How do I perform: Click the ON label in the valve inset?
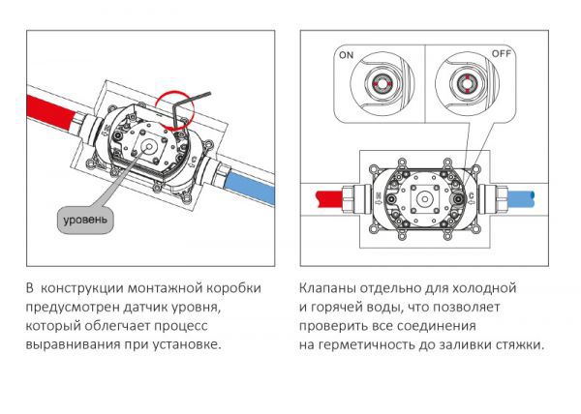(x=346, y=56)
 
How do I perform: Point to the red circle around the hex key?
(x=174, y=106)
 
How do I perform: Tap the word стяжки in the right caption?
(x=518, y=344)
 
